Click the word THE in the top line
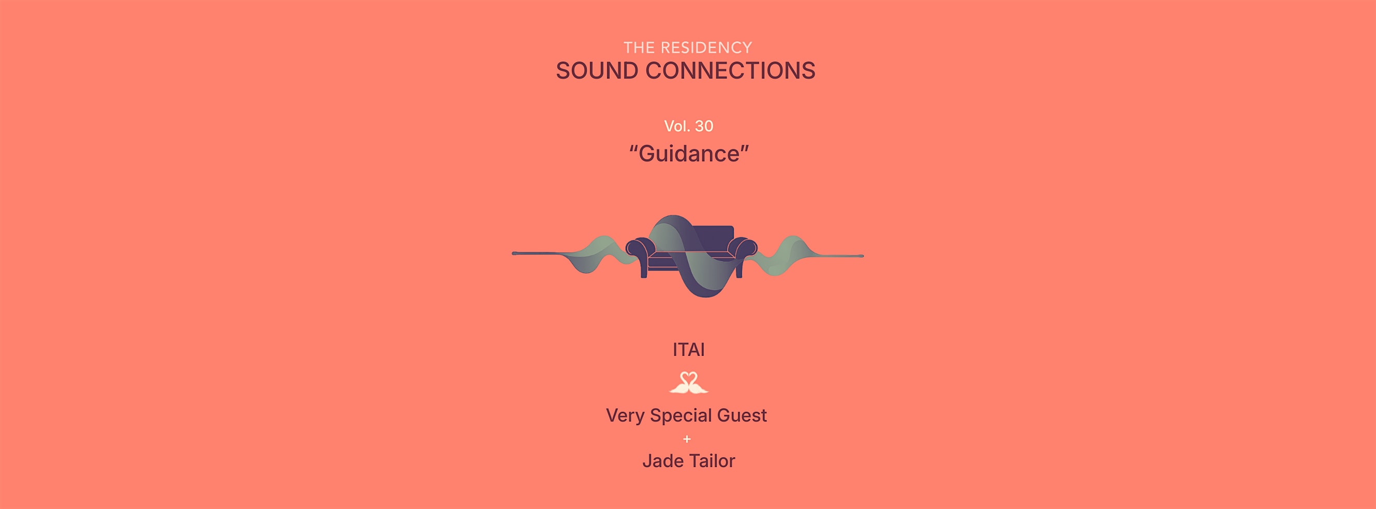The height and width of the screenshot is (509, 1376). pyautogui.click(x=640, y=48)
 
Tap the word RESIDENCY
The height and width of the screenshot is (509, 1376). pyautogui.click(x=706, y=48)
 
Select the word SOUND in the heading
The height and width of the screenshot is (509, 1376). pyautogui.click(x=597, y=71)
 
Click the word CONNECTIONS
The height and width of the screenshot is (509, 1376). pyautogui.click(x=730, y=71)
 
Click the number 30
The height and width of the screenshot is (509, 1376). pyautogui.click(x=704, y=126)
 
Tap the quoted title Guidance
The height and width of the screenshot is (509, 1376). pyautogui.click(x=689, y=154)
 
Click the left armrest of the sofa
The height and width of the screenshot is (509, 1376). pyautogui.click(x=640, y=249)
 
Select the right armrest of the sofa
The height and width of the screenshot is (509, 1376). pyautogui.click(x=743, y=249)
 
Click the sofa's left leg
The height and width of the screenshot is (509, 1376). pyautogui.click(x=644, y=270)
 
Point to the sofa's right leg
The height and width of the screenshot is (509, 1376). pyautogui.click(x=739, y=270)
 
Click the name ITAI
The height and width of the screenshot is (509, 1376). pyautogui.click(x=689, y=350)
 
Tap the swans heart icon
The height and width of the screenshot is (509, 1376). pyautogui.click(x=689, y=382)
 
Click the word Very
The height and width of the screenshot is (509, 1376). pyautogui.click(x=626, y=415)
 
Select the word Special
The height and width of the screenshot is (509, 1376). pyautogui.click(x=680, y=415)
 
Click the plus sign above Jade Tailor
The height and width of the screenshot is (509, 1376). pyautogui.click(x=687, y=439)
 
